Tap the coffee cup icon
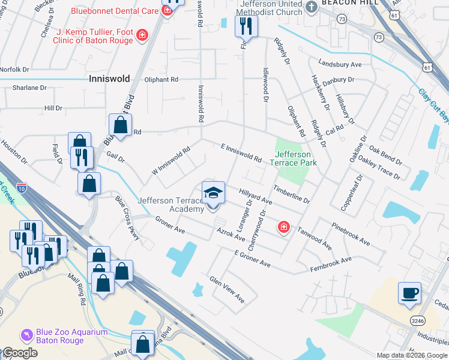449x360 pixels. click(410, 293)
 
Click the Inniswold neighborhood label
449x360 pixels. click(109, 79)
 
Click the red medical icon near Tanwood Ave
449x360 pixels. click(283, 227)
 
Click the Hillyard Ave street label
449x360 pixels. click(256, 197)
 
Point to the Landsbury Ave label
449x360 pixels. click(340, 64)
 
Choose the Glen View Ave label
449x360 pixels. click(227, 289)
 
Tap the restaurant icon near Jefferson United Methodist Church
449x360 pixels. click(246, 25)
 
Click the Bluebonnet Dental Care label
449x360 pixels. click(114, 10)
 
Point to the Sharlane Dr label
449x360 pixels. click(29, 88)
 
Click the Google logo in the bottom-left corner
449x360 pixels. click(20, 353)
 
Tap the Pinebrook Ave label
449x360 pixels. click(351, 233)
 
